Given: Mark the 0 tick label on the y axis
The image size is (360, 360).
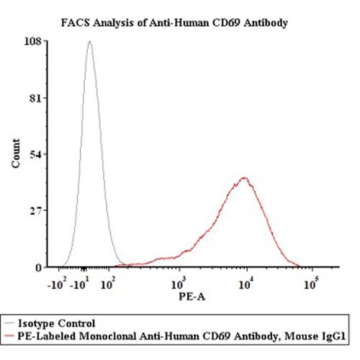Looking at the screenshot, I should tap(38, 267).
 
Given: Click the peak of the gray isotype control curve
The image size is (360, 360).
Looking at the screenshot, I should tap(89, 42).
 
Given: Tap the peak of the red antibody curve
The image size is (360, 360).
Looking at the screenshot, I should tap(245, 178).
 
